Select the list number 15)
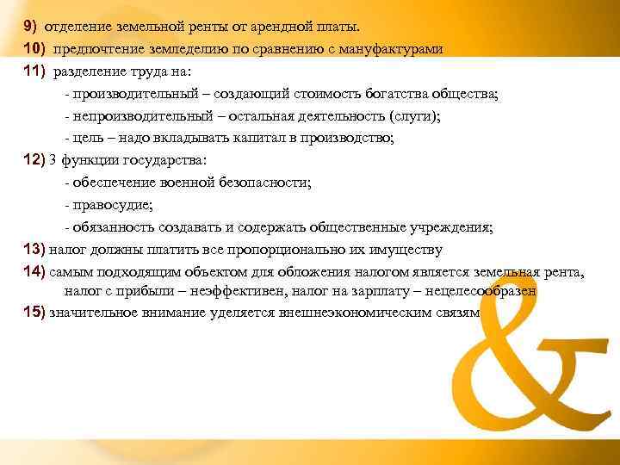click(35, 313)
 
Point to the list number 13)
click(35, 250)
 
